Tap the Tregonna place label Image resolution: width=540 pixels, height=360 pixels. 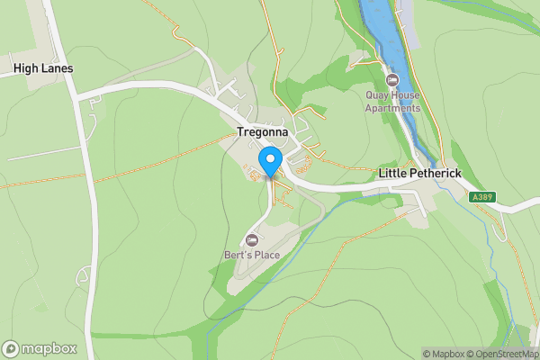point(262,131)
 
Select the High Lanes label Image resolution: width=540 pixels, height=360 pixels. point(43,68)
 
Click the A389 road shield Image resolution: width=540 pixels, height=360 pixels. point(481,196)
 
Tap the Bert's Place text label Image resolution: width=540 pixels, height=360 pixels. point(252,255)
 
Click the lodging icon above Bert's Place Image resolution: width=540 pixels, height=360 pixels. point(252,239)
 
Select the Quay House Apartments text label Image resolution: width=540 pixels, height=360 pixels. point(392,102)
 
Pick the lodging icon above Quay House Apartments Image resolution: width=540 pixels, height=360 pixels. point(392,79)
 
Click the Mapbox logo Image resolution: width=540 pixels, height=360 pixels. point(40,348)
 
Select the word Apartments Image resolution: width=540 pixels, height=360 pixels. point(392,108)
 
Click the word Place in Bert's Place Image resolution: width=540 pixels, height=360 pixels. point(266,255)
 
